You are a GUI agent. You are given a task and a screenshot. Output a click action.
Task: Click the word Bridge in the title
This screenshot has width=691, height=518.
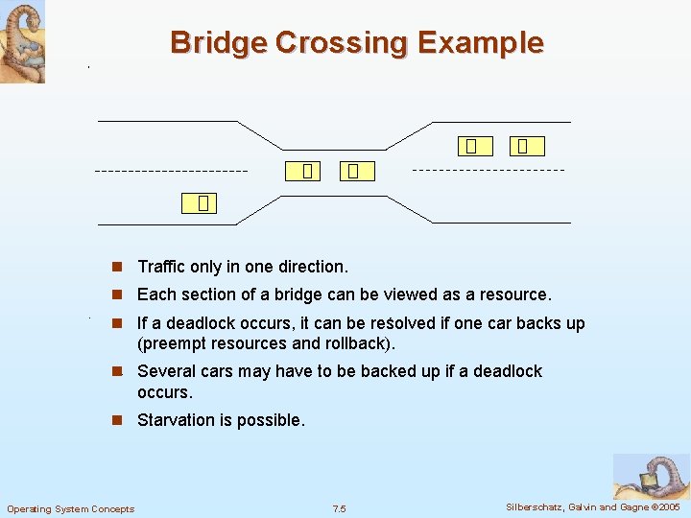click(219, 43)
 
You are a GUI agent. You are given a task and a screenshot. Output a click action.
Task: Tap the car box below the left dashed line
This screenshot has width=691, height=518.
click(202, 202)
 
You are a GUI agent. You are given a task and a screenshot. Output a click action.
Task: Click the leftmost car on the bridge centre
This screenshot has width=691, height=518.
click(306, 171)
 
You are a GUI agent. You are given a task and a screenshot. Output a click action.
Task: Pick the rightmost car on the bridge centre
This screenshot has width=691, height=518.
click(353, 171)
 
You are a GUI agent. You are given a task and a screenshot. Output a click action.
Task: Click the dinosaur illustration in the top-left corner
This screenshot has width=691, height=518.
click(22, 41)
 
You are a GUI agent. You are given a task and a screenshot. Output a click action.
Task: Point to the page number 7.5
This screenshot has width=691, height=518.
click(339, 508)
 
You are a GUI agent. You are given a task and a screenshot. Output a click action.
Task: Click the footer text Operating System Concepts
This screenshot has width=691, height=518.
click(71, 508)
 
